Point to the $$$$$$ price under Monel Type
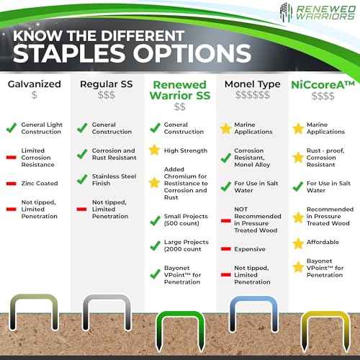click(x=252, y=96)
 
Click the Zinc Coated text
click(x=40, y=184)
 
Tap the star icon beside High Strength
click(x=153, y=150)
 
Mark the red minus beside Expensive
click(x=225, y=249)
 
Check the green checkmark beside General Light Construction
click(x=10, y=128)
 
